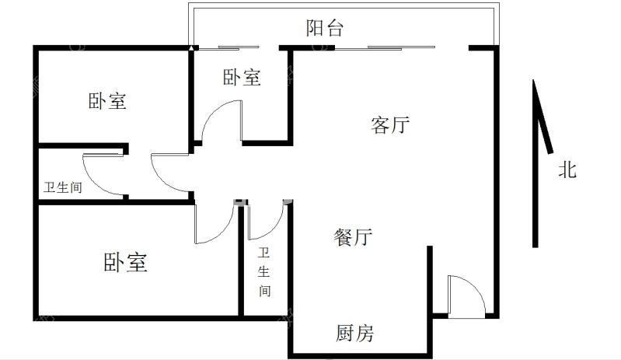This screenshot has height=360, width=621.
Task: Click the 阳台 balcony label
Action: click(x=324, y=28)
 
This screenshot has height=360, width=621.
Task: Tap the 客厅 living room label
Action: click(x=390, y=124)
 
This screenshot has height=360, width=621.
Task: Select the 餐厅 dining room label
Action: click(x=353, y=237)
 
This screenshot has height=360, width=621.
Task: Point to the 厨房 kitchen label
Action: click(x=355, y=333)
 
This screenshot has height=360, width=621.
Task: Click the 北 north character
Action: click(x=567, y=170)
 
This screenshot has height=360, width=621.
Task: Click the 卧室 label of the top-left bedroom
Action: click(x=107, y=101)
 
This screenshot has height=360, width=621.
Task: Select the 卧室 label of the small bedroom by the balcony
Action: click(x=242, y=77)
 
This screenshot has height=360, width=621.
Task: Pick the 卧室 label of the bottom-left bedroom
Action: click(x=126, y=262)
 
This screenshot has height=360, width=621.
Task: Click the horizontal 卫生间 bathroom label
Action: click(x=63, y=187)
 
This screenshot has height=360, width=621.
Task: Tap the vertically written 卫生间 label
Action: click(x=264, y=272)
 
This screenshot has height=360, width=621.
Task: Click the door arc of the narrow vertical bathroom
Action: click(x=274, y=230)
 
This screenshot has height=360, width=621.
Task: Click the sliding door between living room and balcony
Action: click(x=385, y=48)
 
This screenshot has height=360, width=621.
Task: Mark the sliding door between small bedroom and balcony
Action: click(x=229, y=48)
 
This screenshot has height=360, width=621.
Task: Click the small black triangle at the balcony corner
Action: click(x=191, y=48)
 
